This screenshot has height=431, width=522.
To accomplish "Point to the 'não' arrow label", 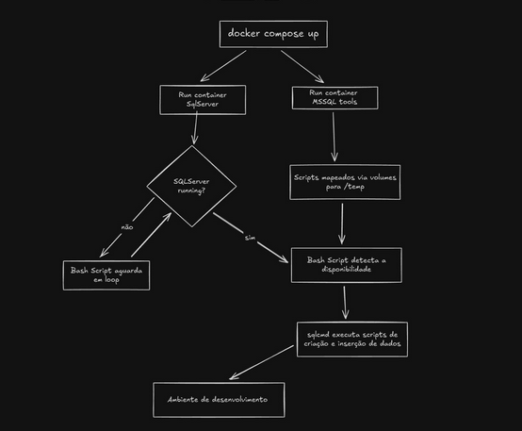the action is [x=127, y=227].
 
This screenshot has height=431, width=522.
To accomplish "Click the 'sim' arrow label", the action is [x=250, y=238].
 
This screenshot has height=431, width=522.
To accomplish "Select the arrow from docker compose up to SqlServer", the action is [x=223, y=66].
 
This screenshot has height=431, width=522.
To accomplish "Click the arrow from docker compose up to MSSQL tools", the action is [x=302, y=66].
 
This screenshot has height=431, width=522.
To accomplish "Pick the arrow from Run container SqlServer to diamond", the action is [x=195, y=128].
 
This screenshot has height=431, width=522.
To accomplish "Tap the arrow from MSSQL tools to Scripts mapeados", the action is [x=334, y=137].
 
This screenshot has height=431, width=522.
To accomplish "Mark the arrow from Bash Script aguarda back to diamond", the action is [x=151, y=235].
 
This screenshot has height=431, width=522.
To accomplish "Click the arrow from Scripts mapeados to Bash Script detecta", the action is [x=342, y=224].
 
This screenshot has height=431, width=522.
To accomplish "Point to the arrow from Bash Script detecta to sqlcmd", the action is [x=345, y=303].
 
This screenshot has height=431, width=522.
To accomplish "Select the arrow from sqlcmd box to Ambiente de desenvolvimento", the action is [x=262, y=362].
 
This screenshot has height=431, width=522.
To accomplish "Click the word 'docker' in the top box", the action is [x=244, y=33].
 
